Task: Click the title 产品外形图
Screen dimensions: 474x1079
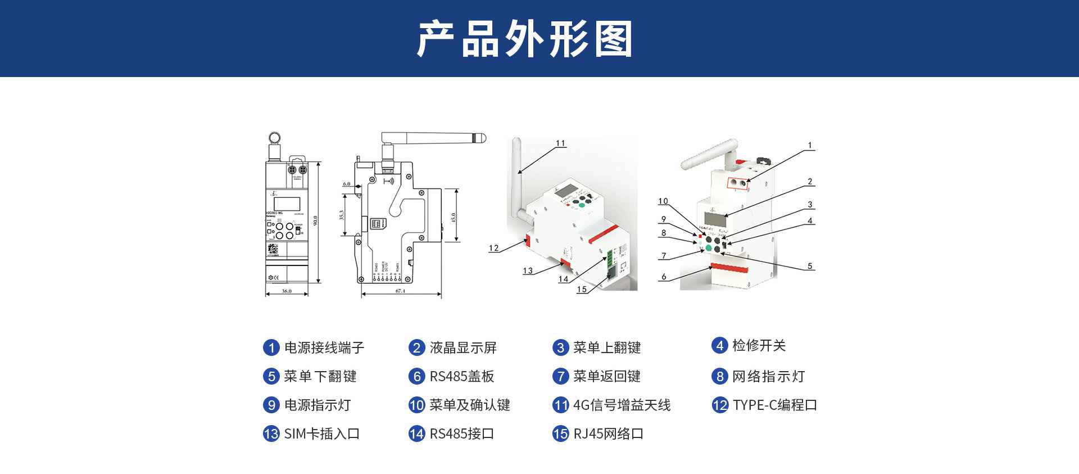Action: click(x=525, y=39)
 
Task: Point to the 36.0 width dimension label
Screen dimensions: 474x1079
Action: click(x=287, y=291)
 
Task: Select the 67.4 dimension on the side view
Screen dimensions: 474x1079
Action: click(x=401, y=291)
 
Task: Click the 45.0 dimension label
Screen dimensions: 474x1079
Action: click(x=454, y=216)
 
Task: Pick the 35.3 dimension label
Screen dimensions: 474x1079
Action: click(x=341, y=215)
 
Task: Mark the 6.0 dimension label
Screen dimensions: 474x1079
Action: click(x=346, y=184)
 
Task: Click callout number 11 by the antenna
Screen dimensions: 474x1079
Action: click(x=560, y=143)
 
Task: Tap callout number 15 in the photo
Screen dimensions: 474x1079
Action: click(x=582, y=289)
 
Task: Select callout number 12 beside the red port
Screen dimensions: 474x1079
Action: click(x=493, y=248)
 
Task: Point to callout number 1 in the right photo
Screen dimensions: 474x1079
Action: click(x=810, y=145)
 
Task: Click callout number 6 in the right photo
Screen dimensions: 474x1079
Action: click(x=664, y=277)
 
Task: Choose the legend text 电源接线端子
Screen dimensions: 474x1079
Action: click(x=324, y=347)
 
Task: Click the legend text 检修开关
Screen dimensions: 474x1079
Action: click(x=759, y=345)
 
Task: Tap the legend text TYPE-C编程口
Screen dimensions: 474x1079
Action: click(x=774, y=405)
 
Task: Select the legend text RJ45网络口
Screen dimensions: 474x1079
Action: click(x=608, y=434)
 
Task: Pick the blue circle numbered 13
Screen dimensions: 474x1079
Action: click(x=271, y=434)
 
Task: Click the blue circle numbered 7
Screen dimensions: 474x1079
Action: click(x=560, y=376)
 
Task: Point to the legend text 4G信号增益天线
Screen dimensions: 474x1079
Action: click(x=622, y=405)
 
